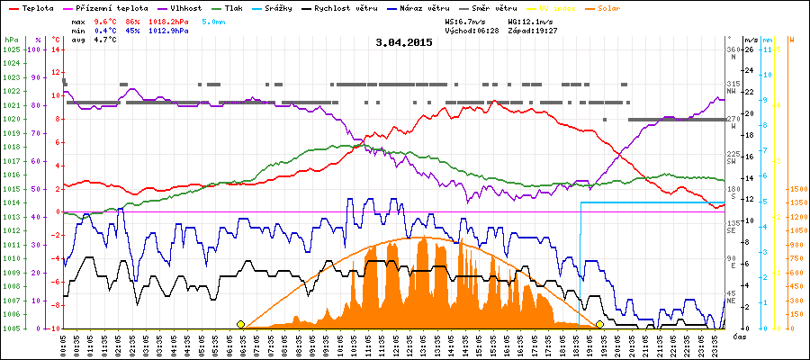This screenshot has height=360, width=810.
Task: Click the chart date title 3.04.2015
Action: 404,42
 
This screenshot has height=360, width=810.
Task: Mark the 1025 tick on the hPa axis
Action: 11,49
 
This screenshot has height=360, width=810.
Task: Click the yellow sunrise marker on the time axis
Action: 240,324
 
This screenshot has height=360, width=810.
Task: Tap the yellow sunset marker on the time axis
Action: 599,324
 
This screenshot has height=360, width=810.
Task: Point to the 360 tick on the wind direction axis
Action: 733,49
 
